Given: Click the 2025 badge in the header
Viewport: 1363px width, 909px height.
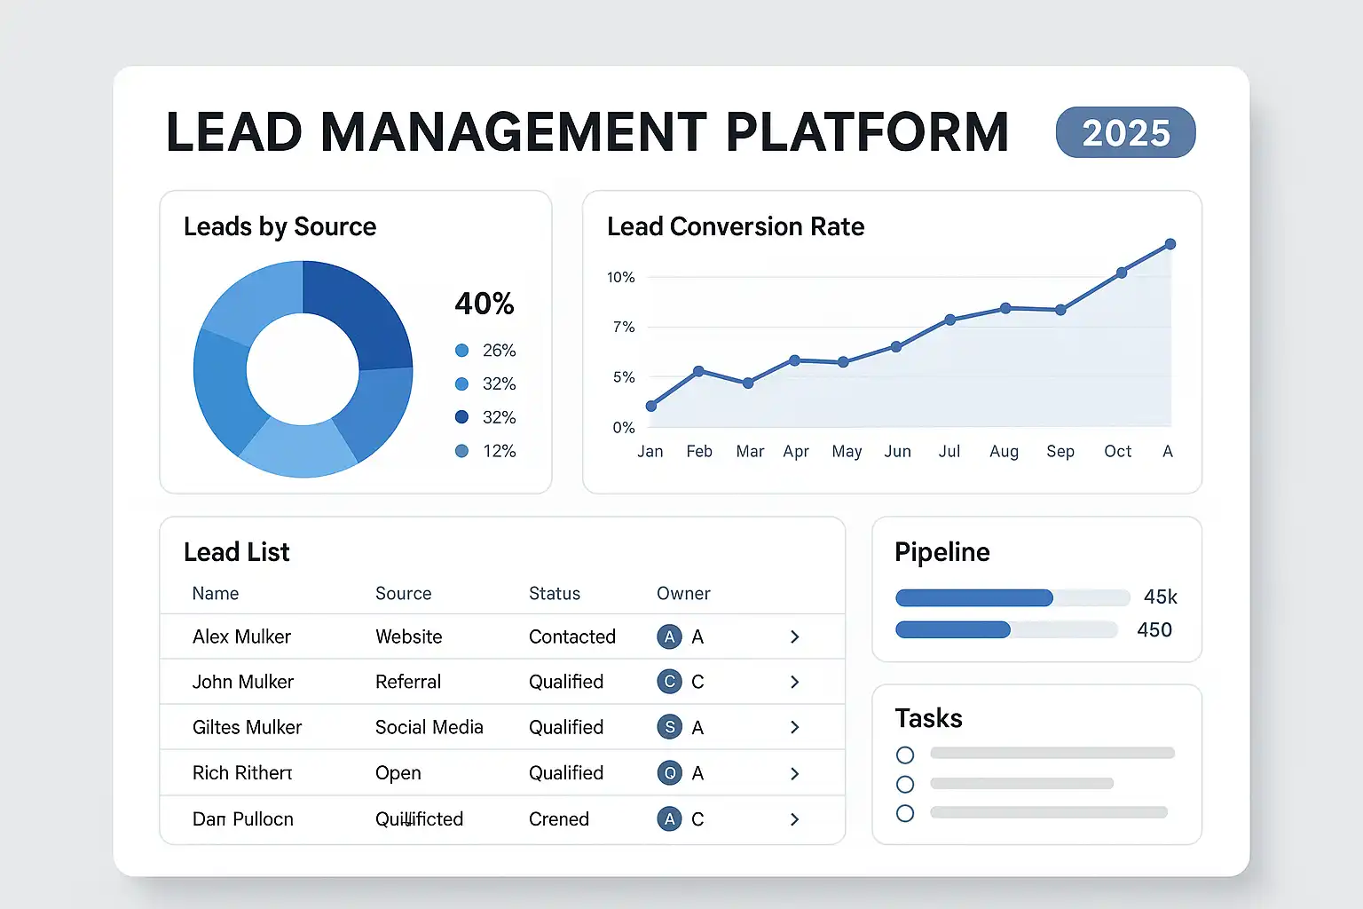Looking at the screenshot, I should pyautogui.click(x=1125, y=133).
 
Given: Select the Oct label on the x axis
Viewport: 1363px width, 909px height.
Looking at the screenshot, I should pyautogui.click(x=1117, y=452).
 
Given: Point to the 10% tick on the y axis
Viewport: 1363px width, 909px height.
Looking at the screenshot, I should pyautogui.click(x=621, y=278).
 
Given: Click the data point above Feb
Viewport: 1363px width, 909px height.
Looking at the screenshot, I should pyautogui.click(x=698, y=371).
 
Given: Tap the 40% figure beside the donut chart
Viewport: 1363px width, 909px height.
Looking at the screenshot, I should pyautogui.click(x=485, y=304).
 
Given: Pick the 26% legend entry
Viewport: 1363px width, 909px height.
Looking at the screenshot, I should pyautogui.click(x=485, y=351).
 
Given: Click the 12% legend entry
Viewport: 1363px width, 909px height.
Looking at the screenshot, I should pyautogui.click(x=485, y=451).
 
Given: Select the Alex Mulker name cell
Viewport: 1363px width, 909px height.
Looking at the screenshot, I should pyautogui.click(x=241, y=636).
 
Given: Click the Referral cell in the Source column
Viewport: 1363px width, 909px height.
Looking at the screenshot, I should pyautogui.click(x=408, y=682).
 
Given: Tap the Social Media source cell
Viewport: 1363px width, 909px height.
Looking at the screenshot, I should pyautogui.click(x=429, y=727).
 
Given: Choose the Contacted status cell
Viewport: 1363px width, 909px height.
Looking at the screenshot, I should pyautogui.click(x=572, y=636).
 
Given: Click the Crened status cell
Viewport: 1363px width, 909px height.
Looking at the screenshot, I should pyautogui.click(x=559, y=818).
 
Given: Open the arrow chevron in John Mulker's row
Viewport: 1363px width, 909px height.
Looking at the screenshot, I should pyautogui.click(x=794, y=682).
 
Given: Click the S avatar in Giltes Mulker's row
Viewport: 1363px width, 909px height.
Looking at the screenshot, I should pyautogui.click(x=670, y=727).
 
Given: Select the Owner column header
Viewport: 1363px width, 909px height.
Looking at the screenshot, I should pyautogui.click(x=683, y=594).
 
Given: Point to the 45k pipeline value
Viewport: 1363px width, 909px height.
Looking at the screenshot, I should pyautogui.click(x=1160, y=597).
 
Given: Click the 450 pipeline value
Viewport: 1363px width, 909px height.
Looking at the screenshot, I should pyautogui.click(x=1154, y=630).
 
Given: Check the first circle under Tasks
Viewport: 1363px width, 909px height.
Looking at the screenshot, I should pyautogui.click(x=905, y=755).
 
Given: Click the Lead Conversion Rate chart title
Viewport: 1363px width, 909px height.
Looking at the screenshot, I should pyautogui.click(x=736, y=227).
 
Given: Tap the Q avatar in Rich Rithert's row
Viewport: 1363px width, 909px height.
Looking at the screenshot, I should pyautogui.click(x=670, y=773).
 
